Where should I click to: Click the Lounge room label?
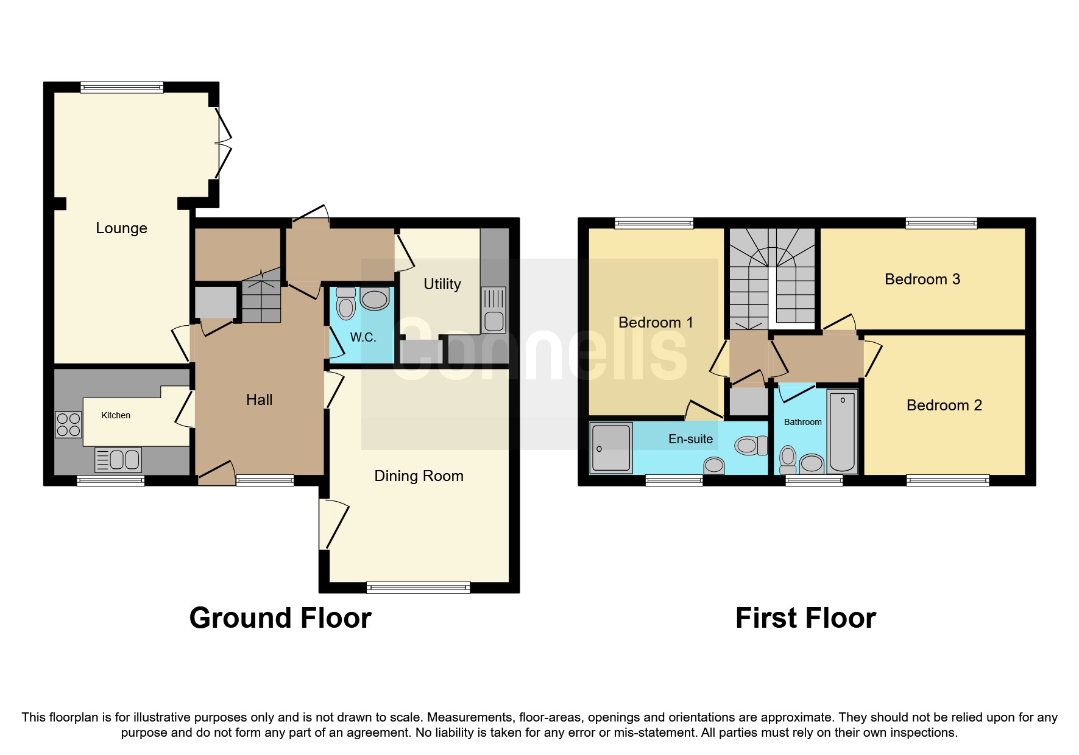(121, 228)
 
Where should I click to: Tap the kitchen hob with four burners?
(68, 424)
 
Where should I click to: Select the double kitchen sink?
(118, 460)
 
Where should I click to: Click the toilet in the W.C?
(345, 304)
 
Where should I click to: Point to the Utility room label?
(442, 284)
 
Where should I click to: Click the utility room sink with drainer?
(494, 310)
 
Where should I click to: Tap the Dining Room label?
(419, 476)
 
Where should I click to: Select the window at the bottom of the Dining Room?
(418, 588)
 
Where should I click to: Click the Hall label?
(259, 400)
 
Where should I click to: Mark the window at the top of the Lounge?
(122, 87)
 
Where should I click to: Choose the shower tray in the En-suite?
(611, 448)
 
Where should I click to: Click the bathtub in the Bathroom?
(842, 432)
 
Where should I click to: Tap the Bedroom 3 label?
(922, 279)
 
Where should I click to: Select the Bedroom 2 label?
(944, 406)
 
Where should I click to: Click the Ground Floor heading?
(280, 618)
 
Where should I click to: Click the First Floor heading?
(805, 618)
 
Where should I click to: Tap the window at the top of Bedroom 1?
(654, 223)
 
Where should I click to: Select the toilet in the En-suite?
(750, 446)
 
